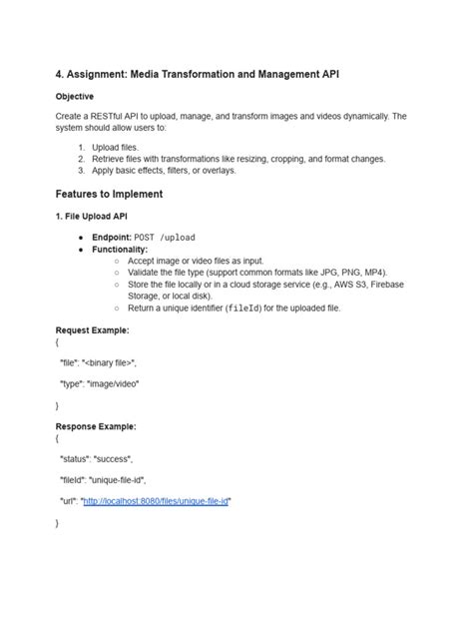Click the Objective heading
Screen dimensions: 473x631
click(75, 97)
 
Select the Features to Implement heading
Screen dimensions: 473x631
click(109, 194)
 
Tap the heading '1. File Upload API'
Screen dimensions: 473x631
click(91, 216)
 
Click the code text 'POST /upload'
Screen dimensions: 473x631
click(165, 238)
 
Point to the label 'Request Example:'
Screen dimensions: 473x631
click(93, 329)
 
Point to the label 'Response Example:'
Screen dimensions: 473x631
click(96, 426)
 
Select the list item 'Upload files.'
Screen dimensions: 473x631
click(117, 147)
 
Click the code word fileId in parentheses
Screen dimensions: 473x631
click(246, 309)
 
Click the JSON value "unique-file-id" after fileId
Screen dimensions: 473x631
click(118, 479)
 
